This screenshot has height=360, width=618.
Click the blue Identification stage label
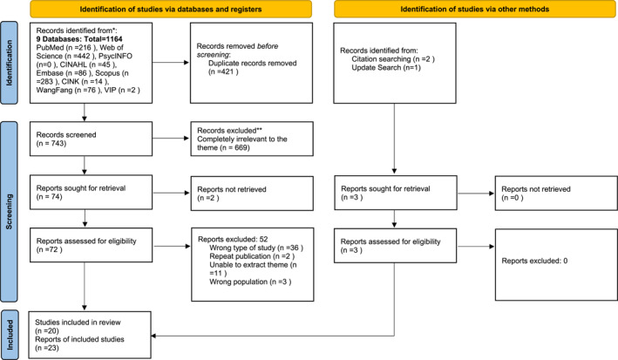9,63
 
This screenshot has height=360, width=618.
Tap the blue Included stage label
10,335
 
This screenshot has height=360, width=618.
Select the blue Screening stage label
9,212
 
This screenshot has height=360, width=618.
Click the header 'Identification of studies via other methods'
474,9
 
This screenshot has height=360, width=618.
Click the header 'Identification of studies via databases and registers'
171,9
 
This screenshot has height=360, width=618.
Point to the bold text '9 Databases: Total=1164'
79,39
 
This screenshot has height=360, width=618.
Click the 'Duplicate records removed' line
252,63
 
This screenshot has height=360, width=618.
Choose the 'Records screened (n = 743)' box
91,139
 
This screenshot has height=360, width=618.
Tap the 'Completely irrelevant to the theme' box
252,139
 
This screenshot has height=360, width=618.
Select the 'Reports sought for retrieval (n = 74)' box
91,193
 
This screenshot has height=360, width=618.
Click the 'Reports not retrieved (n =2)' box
252,194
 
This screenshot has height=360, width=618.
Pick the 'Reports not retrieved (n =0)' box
556,194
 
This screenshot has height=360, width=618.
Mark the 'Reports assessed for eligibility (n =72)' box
91,245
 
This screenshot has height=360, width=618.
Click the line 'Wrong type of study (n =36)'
256,248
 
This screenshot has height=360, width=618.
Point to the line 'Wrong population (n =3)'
250,282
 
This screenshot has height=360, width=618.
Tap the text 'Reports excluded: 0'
534,261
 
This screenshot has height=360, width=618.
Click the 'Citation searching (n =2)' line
393,59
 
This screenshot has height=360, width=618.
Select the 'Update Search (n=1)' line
386,68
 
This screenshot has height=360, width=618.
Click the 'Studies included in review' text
78,323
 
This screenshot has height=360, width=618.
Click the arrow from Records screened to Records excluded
171,138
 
